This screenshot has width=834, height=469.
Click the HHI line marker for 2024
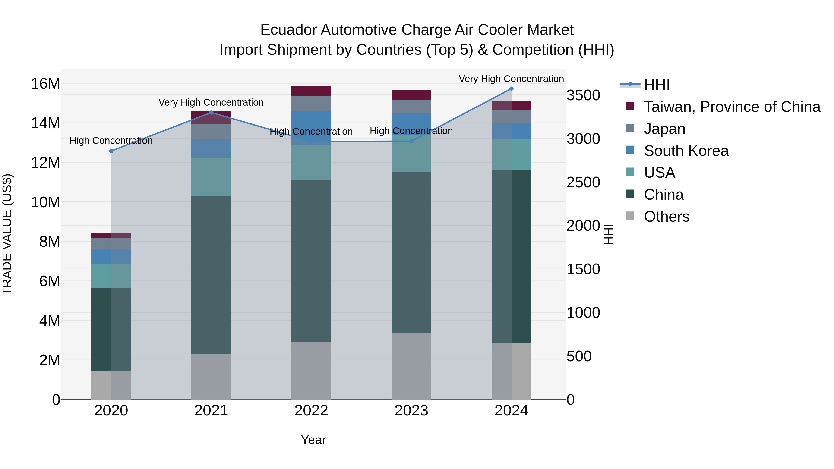coord(511,89)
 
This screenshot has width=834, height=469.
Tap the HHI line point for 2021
coord(211,113)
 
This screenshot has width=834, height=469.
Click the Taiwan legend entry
coord(732,107)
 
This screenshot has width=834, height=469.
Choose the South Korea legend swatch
coord(630,150)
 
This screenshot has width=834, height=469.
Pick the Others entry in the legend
coord(666,217)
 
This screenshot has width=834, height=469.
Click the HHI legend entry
coord(657,85)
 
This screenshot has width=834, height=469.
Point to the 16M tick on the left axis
coord(45,84)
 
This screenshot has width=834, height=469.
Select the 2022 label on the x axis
coord(311,411)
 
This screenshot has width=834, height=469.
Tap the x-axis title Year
coord(313,440)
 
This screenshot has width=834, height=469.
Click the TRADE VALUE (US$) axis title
coord(7,234)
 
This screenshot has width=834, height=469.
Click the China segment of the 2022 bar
coord(311,261)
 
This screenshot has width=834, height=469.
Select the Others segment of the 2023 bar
coord(411,366)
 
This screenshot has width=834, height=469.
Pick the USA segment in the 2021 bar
coord(211,177)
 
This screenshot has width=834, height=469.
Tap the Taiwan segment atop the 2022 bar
coord(311,91)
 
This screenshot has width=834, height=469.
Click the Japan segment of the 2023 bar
coord(411,107)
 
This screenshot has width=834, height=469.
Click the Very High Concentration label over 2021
coord(211,103)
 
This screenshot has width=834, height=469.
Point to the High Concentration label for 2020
coord(111,141)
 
